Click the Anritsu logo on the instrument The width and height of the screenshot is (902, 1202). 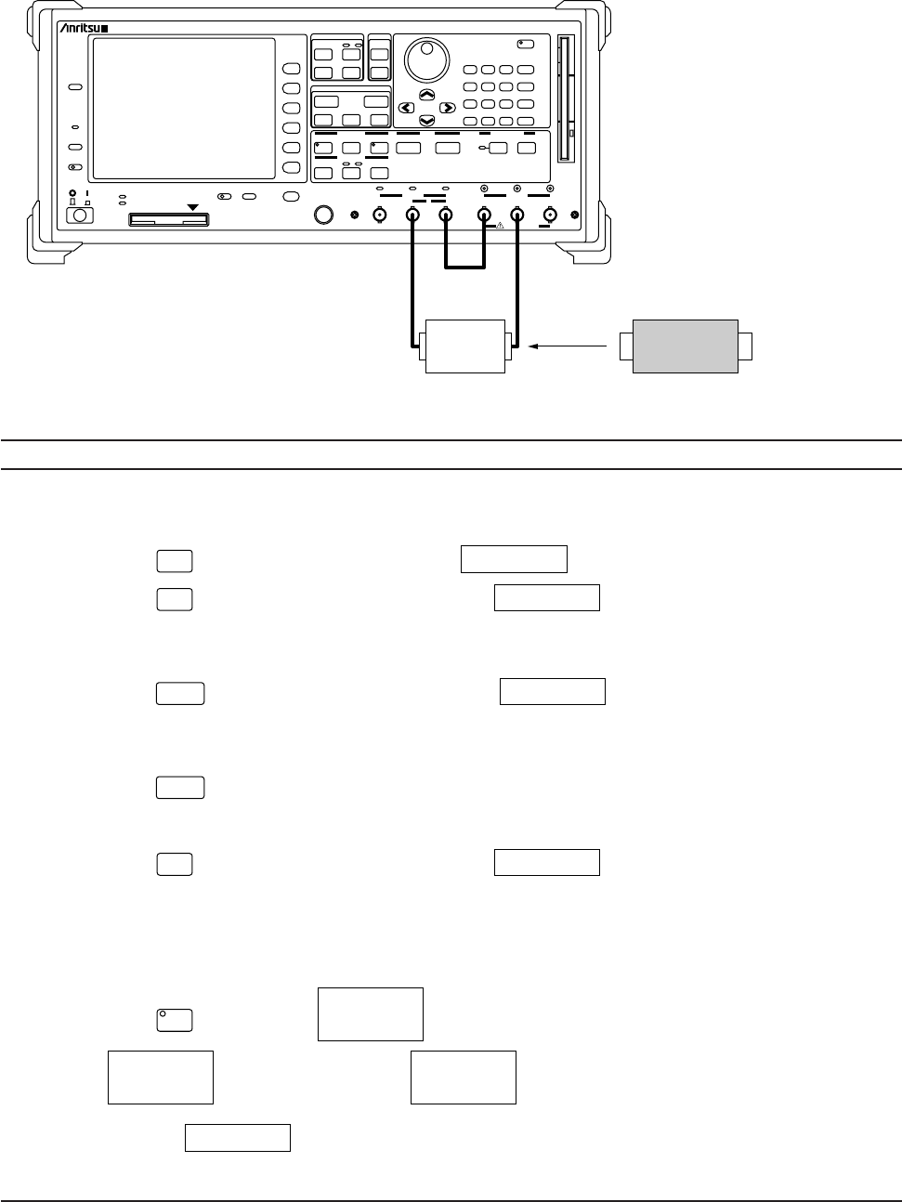(x=85, y=30)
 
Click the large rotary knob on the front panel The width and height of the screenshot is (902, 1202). (x=426, y=60)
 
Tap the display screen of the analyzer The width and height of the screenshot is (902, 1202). (x=184, y=108)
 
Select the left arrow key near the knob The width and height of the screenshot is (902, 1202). (x=406, y=108)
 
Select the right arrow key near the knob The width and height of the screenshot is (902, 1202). (x=447, y=108)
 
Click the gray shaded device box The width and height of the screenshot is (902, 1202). (x=685, y=346)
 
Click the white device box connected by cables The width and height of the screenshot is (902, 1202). (x=464, y=346)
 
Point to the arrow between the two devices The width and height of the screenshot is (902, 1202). (x=572, y=346)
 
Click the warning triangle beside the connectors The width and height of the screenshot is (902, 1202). (x=499, y=225)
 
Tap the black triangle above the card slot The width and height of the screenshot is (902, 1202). (x=192, y=207)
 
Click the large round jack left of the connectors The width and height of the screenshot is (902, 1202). (x=323, y=216)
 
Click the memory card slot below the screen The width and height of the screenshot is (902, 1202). (x=168, y=220)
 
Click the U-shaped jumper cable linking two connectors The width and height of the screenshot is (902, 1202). (x=464, y=268)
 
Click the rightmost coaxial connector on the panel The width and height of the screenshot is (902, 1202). (x=549, y=216)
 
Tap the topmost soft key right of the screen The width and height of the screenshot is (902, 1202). (x=292, y=69)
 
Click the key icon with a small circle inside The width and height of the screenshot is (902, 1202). (x=174, y=1020)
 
